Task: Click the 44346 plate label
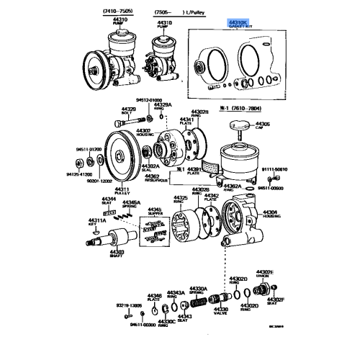click(x=154, y=297)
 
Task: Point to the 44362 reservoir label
click(x=151, y=178)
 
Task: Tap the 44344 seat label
click(x=107, y=199)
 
